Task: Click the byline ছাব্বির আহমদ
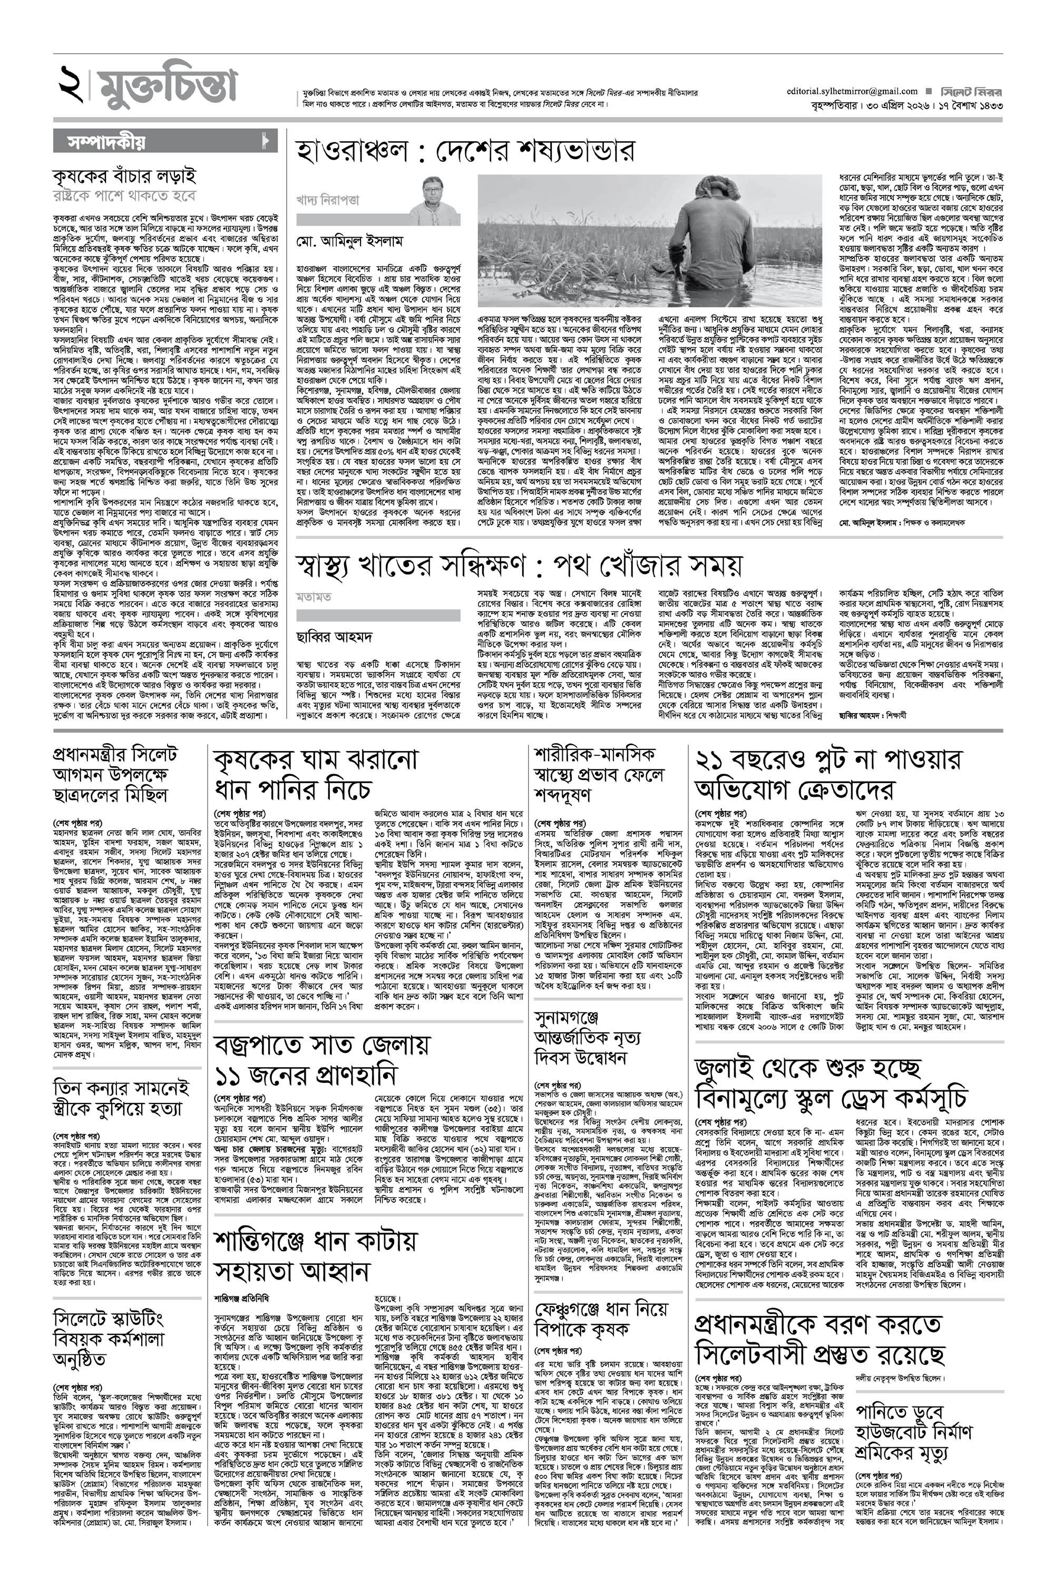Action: point(335,636)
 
